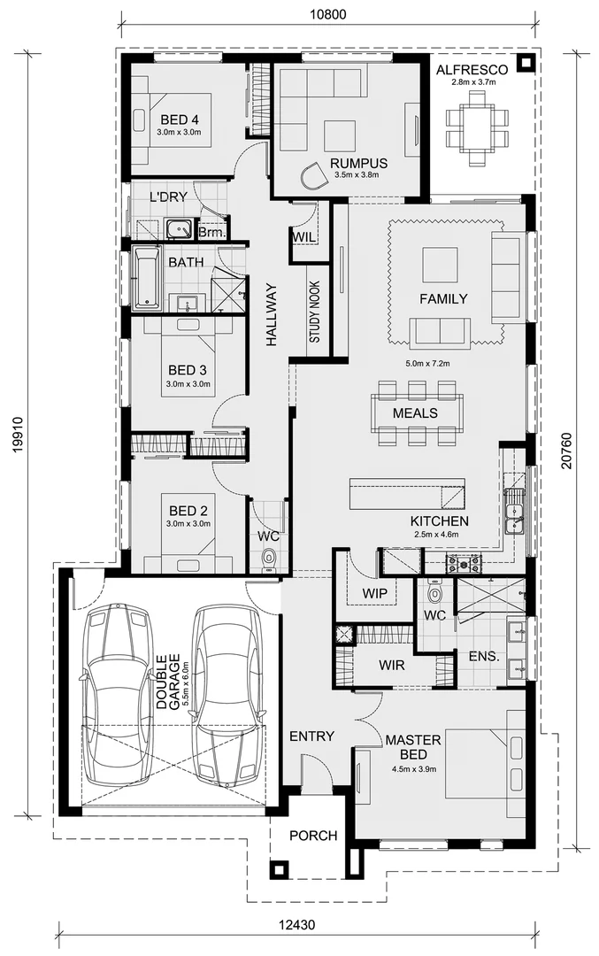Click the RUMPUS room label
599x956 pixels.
tap(359, 163)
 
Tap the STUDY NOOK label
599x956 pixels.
tap(314, 312)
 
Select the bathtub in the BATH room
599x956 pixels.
tap(146, 278)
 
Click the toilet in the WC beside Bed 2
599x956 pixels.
tap(269, 558)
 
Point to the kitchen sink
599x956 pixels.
tap(514, 514)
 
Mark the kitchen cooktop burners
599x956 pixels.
tap(463, 562)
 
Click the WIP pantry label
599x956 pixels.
tap(374, 592)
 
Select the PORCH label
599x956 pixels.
tap(313, 835)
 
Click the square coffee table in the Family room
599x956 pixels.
tap(440, 265)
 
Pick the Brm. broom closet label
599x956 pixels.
tap(212, 233)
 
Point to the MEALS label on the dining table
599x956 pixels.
tap(415, 413)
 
